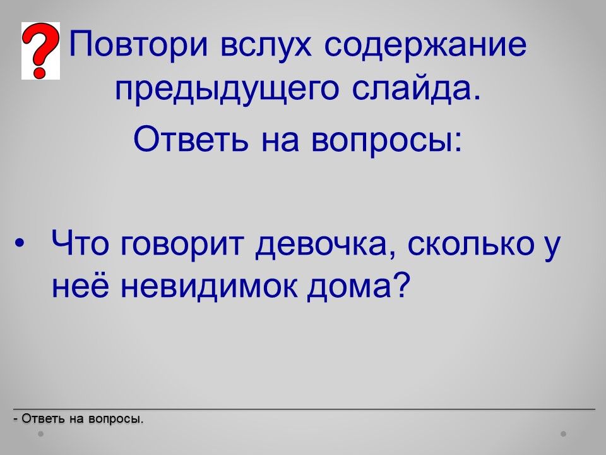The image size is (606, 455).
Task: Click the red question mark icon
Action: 40,51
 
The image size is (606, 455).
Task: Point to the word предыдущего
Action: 227,91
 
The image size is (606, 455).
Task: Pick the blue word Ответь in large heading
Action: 191,139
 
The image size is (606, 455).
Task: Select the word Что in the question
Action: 80,243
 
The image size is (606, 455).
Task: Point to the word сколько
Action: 471,243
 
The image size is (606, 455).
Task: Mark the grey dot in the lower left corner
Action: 40,434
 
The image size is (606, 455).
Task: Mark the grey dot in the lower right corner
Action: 564,434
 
